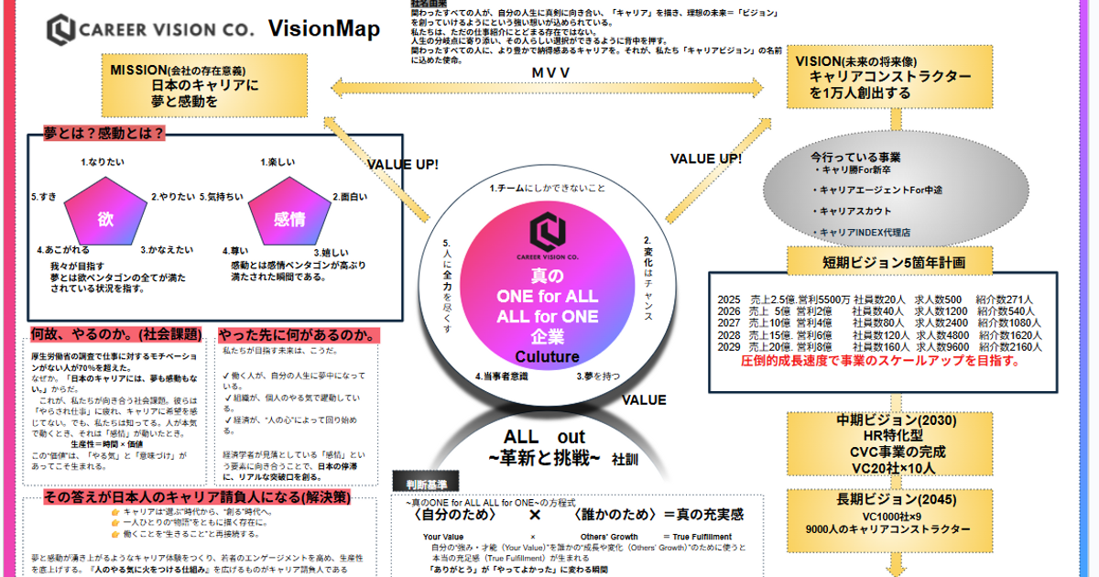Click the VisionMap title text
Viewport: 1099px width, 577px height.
coord(323,29)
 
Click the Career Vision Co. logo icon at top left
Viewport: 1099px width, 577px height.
coord(61,29)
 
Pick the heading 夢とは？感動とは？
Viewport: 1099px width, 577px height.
coord(103,134)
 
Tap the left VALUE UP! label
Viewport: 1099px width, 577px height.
coord(402,165)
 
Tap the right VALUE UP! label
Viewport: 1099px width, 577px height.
coord(705,158)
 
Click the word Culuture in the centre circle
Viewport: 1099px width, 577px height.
coord(547,356)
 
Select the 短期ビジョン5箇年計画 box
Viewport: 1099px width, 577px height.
coord(893,263)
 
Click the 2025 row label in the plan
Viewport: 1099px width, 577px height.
coord(728,299)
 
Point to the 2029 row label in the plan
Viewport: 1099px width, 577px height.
coord(728,348)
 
